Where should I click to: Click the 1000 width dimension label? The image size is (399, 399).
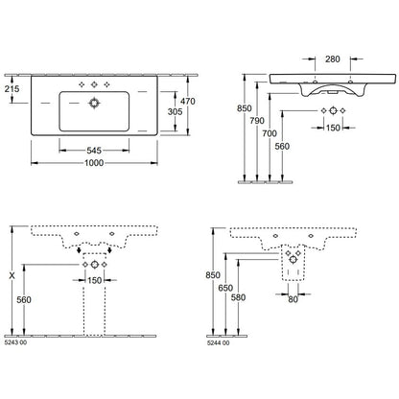tap(94, 163)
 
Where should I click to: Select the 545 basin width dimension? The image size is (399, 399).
tap(94, 151)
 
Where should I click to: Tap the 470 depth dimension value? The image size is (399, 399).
tap(188, 102)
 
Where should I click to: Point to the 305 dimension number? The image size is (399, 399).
tap(176, 111)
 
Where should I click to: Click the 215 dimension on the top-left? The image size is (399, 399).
tap(12, 89)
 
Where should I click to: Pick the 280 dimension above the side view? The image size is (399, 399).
tap(333, 59)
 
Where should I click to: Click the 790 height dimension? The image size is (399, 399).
tap(257, 121)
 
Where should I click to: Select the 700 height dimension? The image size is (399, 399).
tap(270, 133)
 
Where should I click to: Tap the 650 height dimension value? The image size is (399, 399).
tap(225, 288)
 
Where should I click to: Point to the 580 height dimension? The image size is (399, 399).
tap(238, 297)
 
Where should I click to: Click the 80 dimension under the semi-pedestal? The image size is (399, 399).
tap(293, 299)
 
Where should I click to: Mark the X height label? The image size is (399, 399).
tap(12, 275)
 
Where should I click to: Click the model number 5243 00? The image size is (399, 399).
tap(16, 342)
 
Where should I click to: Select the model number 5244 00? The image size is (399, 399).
tap(219, 343)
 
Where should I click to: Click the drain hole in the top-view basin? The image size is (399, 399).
tap(94, 103)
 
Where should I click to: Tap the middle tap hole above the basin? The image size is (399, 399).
tap(94, 84)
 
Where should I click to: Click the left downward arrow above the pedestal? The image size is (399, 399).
tap(79, 250)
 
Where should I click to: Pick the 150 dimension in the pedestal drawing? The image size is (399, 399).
tap(94, 280)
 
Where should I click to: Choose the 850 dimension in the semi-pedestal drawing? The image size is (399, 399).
tap(213, 275)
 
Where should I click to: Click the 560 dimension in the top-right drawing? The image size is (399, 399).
tap(282, 147)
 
